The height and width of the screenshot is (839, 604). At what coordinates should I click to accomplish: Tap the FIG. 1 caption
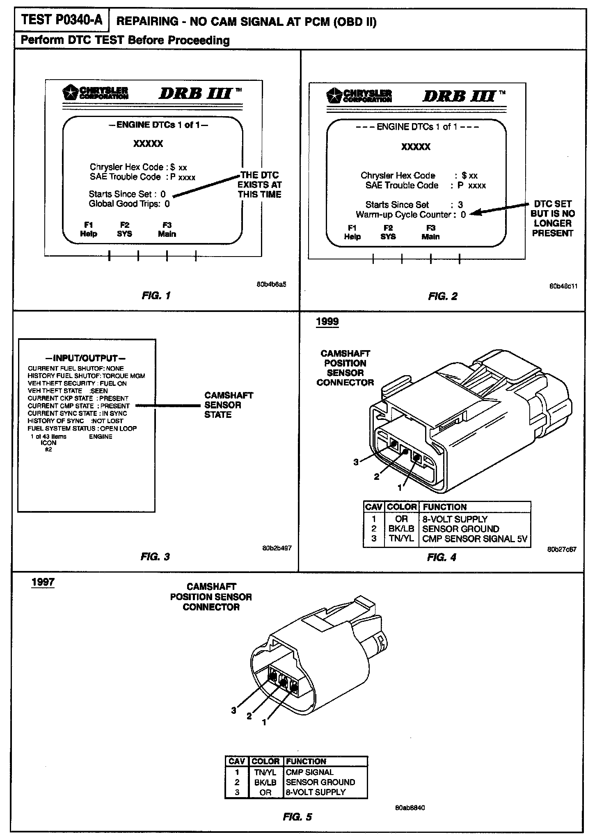coord(156,296)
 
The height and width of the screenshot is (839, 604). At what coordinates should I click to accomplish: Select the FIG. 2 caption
coord(442,296)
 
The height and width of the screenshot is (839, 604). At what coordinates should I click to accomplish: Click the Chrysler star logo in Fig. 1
coord(69,93)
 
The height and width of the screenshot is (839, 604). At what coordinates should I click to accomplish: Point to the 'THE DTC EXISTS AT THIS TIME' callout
coord(259,185)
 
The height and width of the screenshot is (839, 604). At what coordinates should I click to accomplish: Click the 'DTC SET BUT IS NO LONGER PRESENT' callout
coord(552,218)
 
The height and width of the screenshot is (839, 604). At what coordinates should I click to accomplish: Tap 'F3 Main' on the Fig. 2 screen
coord(430,232)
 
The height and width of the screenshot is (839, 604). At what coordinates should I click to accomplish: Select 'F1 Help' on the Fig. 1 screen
coord(89,229)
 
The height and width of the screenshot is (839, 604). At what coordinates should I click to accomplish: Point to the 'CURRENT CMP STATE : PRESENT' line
coord(79,406)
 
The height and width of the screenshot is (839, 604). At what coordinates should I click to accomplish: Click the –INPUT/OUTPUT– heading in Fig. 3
coord(86,358)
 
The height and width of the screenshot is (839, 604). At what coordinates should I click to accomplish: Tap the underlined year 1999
coord(327,321)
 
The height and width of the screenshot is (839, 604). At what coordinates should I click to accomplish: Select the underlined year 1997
coord(43,582)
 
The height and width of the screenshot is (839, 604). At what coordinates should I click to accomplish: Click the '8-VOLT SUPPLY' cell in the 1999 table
coord(455,519)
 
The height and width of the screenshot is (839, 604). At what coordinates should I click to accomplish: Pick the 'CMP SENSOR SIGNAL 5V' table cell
coord(474,539)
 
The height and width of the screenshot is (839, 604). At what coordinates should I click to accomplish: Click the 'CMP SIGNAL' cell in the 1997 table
coord(310,772)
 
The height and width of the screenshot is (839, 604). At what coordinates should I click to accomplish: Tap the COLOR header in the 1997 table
coord(265,761)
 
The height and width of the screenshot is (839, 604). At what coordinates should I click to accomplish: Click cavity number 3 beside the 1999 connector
coord(356,462)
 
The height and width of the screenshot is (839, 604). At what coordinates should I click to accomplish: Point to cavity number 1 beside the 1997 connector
coord(264,722)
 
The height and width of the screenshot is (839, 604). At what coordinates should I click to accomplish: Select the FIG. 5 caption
coord(297,817)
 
